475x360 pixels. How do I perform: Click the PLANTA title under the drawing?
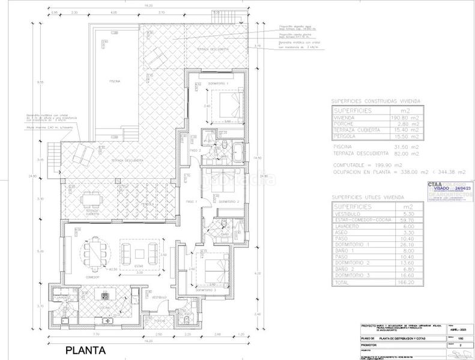86,350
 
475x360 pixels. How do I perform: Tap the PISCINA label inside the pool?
115,80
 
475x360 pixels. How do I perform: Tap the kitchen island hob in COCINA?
107,294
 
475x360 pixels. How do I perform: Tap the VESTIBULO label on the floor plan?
158,297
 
